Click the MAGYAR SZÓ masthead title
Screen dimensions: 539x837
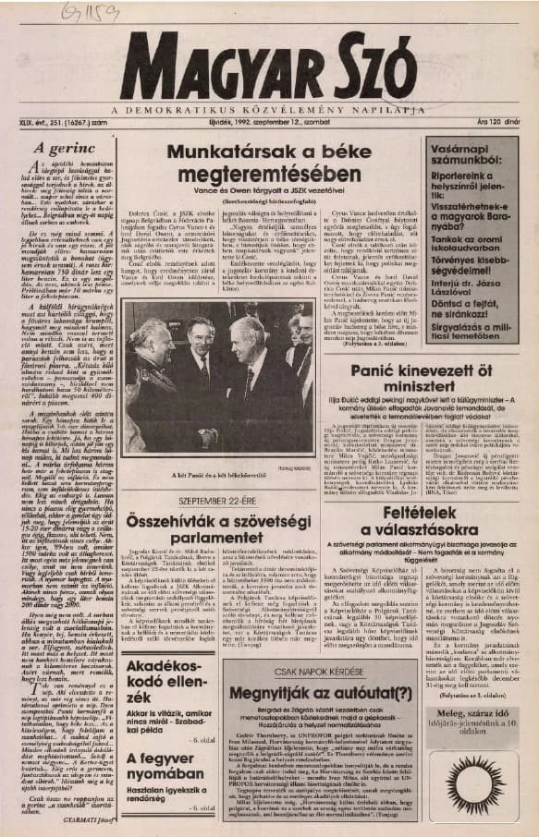pos(268,70)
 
